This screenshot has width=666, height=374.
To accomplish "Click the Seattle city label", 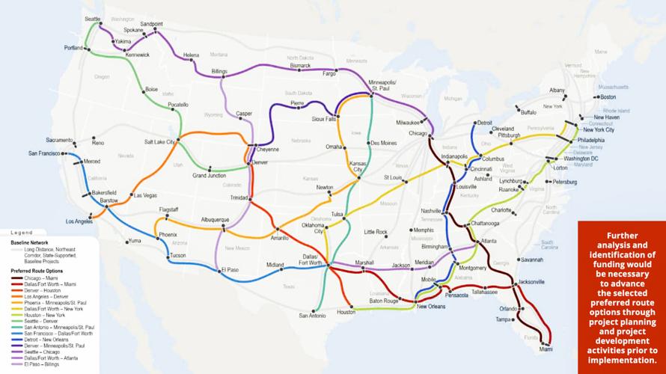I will (x=93, y=18).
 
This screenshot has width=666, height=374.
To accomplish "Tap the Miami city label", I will (x=546, y=349).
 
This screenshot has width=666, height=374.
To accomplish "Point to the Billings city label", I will (x=219, y=71).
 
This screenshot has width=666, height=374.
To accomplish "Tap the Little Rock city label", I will (x=376, y=232).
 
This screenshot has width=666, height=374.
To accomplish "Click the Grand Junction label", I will (x=209, y=176).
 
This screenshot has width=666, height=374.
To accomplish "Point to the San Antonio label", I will (x=313, y=316).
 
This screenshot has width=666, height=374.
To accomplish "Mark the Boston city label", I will (x=608, y=96).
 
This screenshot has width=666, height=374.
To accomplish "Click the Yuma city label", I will (x=134, y=241).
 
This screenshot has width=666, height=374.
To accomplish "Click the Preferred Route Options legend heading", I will (x=37, y=270).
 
